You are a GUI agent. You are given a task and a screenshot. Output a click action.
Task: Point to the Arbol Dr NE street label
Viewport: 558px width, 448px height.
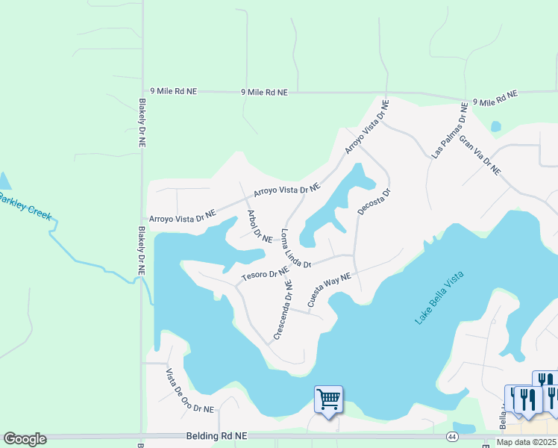[259, 226]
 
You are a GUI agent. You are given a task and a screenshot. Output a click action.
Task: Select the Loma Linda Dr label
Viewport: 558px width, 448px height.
[295, 249]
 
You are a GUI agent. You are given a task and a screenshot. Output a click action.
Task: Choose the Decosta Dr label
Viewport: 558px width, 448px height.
[374, 202]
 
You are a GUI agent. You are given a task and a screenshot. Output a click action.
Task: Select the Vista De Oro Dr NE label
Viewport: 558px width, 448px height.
[189, 391]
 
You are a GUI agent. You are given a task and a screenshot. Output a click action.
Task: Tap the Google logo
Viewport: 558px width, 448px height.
[25, 439]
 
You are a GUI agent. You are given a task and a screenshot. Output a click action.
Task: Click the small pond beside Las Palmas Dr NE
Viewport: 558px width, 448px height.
[495, 126]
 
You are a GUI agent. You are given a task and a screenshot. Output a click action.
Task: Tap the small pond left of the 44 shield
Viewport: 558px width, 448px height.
[464, 428]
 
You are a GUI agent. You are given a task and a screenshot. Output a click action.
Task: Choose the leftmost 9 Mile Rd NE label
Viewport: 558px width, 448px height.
[173, 90]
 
